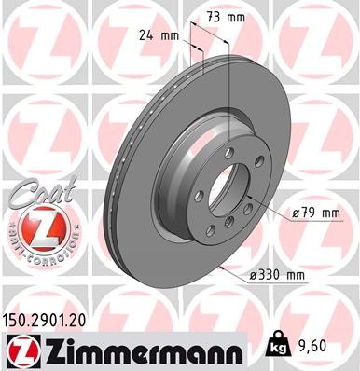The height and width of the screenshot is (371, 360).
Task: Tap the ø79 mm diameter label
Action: (314, 214)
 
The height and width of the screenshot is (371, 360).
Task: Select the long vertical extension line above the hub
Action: (228, 103)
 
